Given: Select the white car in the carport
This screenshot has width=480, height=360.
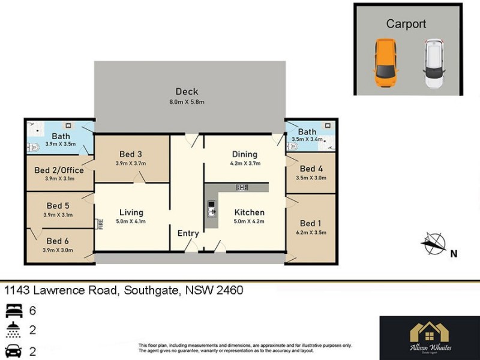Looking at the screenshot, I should pos(434,64).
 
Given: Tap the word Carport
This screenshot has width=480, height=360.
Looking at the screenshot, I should pos(406,24).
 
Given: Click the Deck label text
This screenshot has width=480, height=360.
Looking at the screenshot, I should pos(187,92).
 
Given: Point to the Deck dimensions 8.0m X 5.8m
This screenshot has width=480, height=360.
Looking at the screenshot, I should pos(187,103).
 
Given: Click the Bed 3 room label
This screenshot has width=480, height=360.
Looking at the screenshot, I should pos(131,154).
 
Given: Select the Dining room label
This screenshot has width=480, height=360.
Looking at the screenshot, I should pos(244,154).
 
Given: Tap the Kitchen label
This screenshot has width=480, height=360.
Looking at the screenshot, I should pos(249,212).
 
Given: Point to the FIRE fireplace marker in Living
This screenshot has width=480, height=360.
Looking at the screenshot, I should pos(100,224).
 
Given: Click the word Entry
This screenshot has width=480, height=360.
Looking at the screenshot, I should pos(188,233).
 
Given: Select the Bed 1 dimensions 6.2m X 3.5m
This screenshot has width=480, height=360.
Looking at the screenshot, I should pos(311,233).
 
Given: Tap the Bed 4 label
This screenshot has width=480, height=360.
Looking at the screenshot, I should pos(311,169).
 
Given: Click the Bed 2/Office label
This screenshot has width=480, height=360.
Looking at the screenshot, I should pos(59,170).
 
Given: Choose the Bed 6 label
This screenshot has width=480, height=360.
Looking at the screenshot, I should pos(58,241).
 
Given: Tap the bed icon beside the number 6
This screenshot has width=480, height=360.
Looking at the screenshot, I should pos(13,311).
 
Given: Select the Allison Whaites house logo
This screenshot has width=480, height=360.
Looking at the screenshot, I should pos(430,332).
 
